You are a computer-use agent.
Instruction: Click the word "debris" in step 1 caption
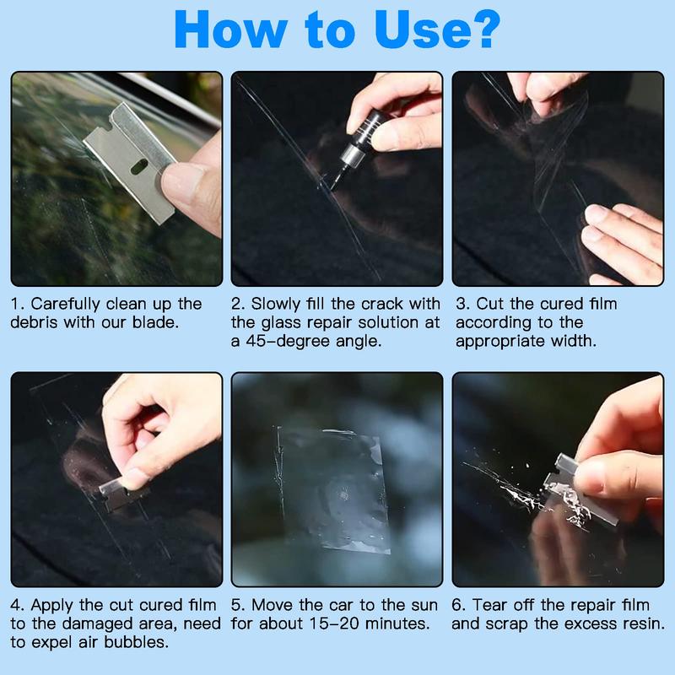click(36, 322)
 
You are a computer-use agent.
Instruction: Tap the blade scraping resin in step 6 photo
click(561, 477)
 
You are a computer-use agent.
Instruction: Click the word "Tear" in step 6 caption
click(492, 606)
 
